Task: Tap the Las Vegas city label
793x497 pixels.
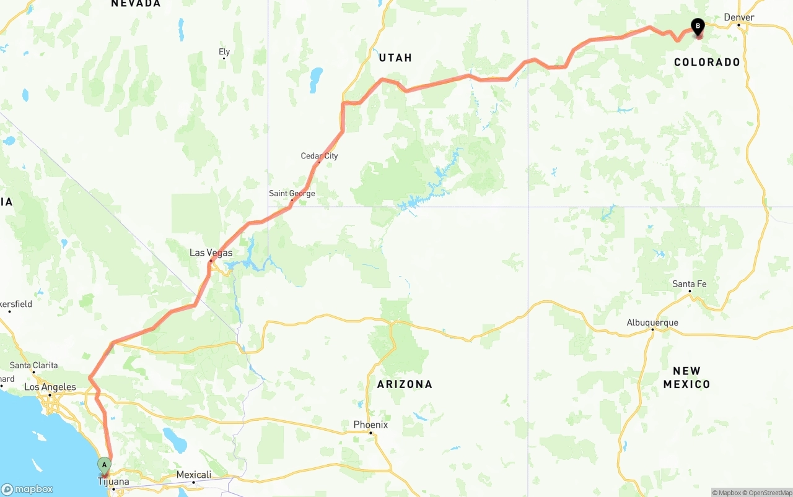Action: click(211, 253)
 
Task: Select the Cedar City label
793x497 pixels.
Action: click(319, 156)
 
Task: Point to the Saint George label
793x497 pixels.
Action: click(292, 194)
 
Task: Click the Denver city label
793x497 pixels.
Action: click(739, 17)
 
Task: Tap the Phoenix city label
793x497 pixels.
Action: click(370, 425)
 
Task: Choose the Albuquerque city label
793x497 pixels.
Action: click(652, 322)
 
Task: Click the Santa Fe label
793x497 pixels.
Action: click(690, 284)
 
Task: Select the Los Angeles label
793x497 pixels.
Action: click(50, 387)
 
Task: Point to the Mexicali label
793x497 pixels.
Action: click(194, 475)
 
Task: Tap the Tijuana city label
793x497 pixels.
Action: click(113, 482)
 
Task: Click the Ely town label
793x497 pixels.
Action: click(224, 52)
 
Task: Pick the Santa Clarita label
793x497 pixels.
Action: click(33, 365)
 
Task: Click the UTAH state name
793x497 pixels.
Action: click(395, 58)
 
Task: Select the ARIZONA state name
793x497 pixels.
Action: click(405, 384)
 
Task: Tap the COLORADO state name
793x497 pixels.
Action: click(707, 62)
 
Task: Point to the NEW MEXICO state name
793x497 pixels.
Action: click(686, 378)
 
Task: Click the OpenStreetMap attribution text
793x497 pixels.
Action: click(769, 493)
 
